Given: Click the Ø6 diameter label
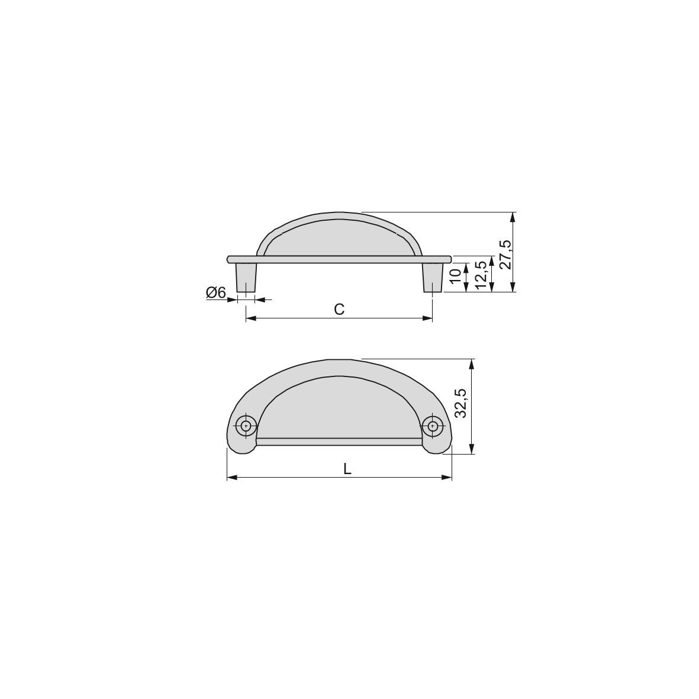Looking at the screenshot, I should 216,292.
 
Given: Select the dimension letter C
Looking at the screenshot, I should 339,309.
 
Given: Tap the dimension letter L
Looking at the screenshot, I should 347,469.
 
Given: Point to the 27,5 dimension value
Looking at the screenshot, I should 504,255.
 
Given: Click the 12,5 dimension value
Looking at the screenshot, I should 481,275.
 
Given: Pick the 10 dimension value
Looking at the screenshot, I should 455,276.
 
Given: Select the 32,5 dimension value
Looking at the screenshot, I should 461,404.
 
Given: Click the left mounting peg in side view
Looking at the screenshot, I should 246,277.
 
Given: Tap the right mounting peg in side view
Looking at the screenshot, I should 432,277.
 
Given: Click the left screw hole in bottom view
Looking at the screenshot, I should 246,425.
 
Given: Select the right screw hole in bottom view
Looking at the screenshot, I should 433,425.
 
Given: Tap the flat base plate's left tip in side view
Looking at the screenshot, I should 229,259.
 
